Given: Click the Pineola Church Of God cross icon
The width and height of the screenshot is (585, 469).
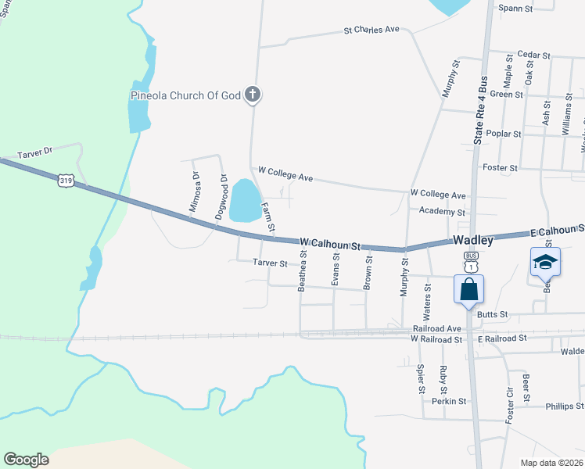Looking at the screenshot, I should pyautogui.click(x=252, y=95).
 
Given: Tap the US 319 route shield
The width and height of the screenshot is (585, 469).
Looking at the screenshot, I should pyautogui.click(x=66, y=181).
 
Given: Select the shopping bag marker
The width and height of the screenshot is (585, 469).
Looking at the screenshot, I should pyautogui.click(x=468, y=288).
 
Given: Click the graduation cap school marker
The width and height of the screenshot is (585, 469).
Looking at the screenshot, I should pyautogui.click(x=545, y=262).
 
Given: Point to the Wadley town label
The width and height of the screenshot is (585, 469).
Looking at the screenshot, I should pyautogui.click(x=472, y=241).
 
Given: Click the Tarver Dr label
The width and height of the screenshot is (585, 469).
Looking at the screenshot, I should pyautogui.click(x=36, y=150).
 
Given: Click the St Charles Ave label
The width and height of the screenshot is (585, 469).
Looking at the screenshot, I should pyautogui.click(x=371, y=30).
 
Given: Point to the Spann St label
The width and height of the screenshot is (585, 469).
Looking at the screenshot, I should pyautogui.click(x=516, y=9).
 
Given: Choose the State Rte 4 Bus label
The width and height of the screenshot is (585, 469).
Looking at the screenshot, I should pyautogui.click(x=481, y=109).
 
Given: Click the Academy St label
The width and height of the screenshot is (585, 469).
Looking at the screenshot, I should pyautogui.click(x=442, y=212).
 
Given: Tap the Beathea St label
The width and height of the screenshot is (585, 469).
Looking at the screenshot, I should pyautogui.click(x=302, y=271).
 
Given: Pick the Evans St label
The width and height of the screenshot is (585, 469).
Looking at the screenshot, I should pyautogui.click(x=336, y=268).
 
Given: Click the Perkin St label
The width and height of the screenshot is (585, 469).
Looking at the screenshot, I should pyautogui.click(x=449, y=401).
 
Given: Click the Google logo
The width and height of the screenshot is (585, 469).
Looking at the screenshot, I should pyautogui.click(x=26, y=460).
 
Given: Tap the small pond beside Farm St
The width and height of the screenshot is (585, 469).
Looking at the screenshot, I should pyautogui.click(x=245, y=200).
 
